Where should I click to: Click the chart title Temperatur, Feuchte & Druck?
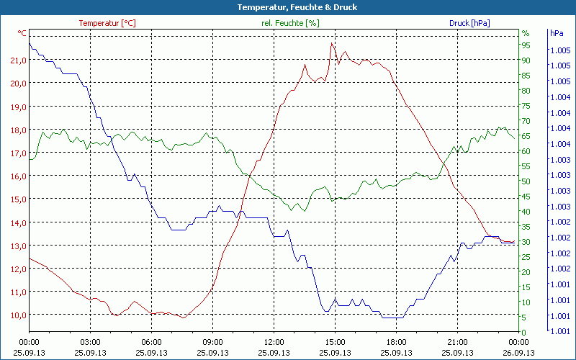pos(287,7)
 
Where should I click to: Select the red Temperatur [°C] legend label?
pos(107,23)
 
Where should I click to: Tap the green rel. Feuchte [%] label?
pos(290,23)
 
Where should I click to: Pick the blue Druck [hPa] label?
pos(469,23)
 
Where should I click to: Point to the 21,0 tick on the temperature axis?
pos(18,60)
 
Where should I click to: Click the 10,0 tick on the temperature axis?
pos(18,315)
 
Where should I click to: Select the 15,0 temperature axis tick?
pos(18,199)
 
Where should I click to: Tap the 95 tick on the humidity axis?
pos(526,45)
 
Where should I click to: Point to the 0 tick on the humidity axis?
pos(523,333)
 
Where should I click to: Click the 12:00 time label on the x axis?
pos(274,342)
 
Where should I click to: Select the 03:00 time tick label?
pos(90,342)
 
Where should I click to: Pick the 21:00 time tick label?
pos(457,342)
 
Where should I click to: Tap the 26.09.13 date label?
pos(518,353)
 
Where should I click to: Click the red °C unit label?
pos(22,33)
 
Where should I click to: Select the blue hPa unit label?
pos(557,33)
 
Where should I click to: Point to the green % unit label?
pos(526,33)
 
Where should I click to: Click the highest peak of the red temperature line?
pos(332,43)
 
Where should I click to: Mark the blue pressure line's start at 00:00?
pos(30,43)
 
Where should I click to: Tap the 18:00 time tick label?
pos(396,342)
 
